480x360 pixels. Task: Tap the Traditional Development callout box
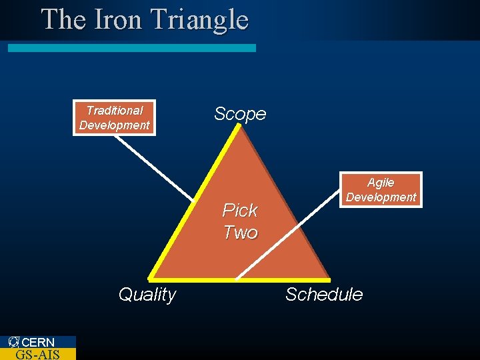(x=114, y=118)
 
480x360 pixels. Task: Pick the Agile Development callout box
(x=381, y=190)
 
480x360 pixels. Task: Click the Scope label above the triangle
(x=240, y=114)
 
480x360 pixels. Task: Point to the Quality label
(x=147, y=295)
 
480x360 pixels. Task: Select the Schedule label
(x=324, y=295)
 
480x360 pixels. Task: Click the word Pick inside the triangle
(x=239, y=211)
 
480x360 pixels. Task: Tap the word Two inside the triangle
(x=240, y=233)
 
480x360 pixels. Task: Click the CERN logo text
(x=38, y=342)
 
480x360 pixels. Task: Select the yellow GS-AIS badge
(x=37, y=354)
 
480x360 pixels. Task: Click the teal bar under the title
(x=131, y=48)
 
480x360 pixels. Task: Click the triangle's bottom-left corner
(x=151, y=277)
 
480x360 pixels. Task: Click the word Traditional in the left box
(x=114, y=111)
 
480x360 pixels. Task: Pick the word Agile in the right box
(x=381, y=183)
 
